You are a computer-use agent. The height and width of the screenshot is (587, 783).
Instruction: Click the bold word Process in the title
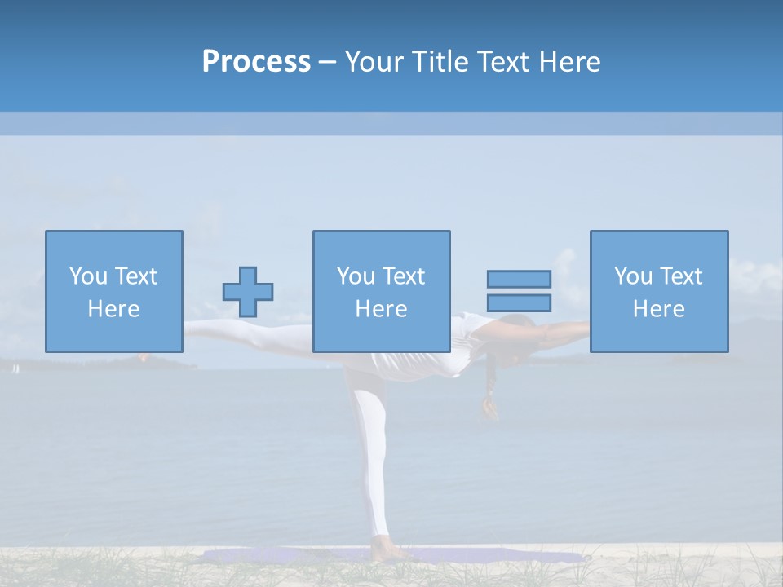click(256, 62)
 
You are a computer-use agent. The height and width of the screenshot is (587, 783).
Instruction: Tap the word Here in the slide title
click(569, 62)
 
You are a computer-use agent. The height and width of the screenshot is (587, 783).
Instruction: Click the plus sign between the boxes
click(248, 292)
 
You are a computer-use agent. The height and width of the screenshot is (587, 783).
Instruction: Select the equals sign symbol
click(519, 291)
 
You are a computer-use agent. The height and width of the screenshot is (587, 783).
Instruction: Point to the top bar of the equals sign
click(519, 279)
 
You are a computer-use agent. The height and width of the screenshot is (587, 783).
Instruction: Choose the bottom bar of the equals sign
click(519, 302)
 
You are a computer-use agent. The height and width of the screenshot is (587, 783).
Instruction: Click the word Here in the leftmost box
click(113, 309)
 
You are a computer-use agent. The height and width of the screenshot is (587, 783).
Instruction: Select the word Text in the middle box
click(405, 276)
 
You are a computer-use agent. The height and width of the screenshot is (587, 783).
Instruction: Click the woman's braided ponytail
click(489, 391)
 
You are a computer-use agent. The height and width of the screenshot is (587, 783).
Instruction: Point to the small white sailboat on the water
click(15, 369)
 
